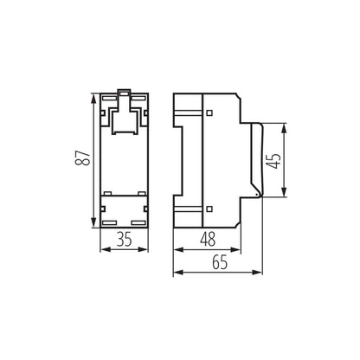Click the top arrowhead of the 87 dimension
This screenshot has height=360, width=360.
[93, 93]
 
